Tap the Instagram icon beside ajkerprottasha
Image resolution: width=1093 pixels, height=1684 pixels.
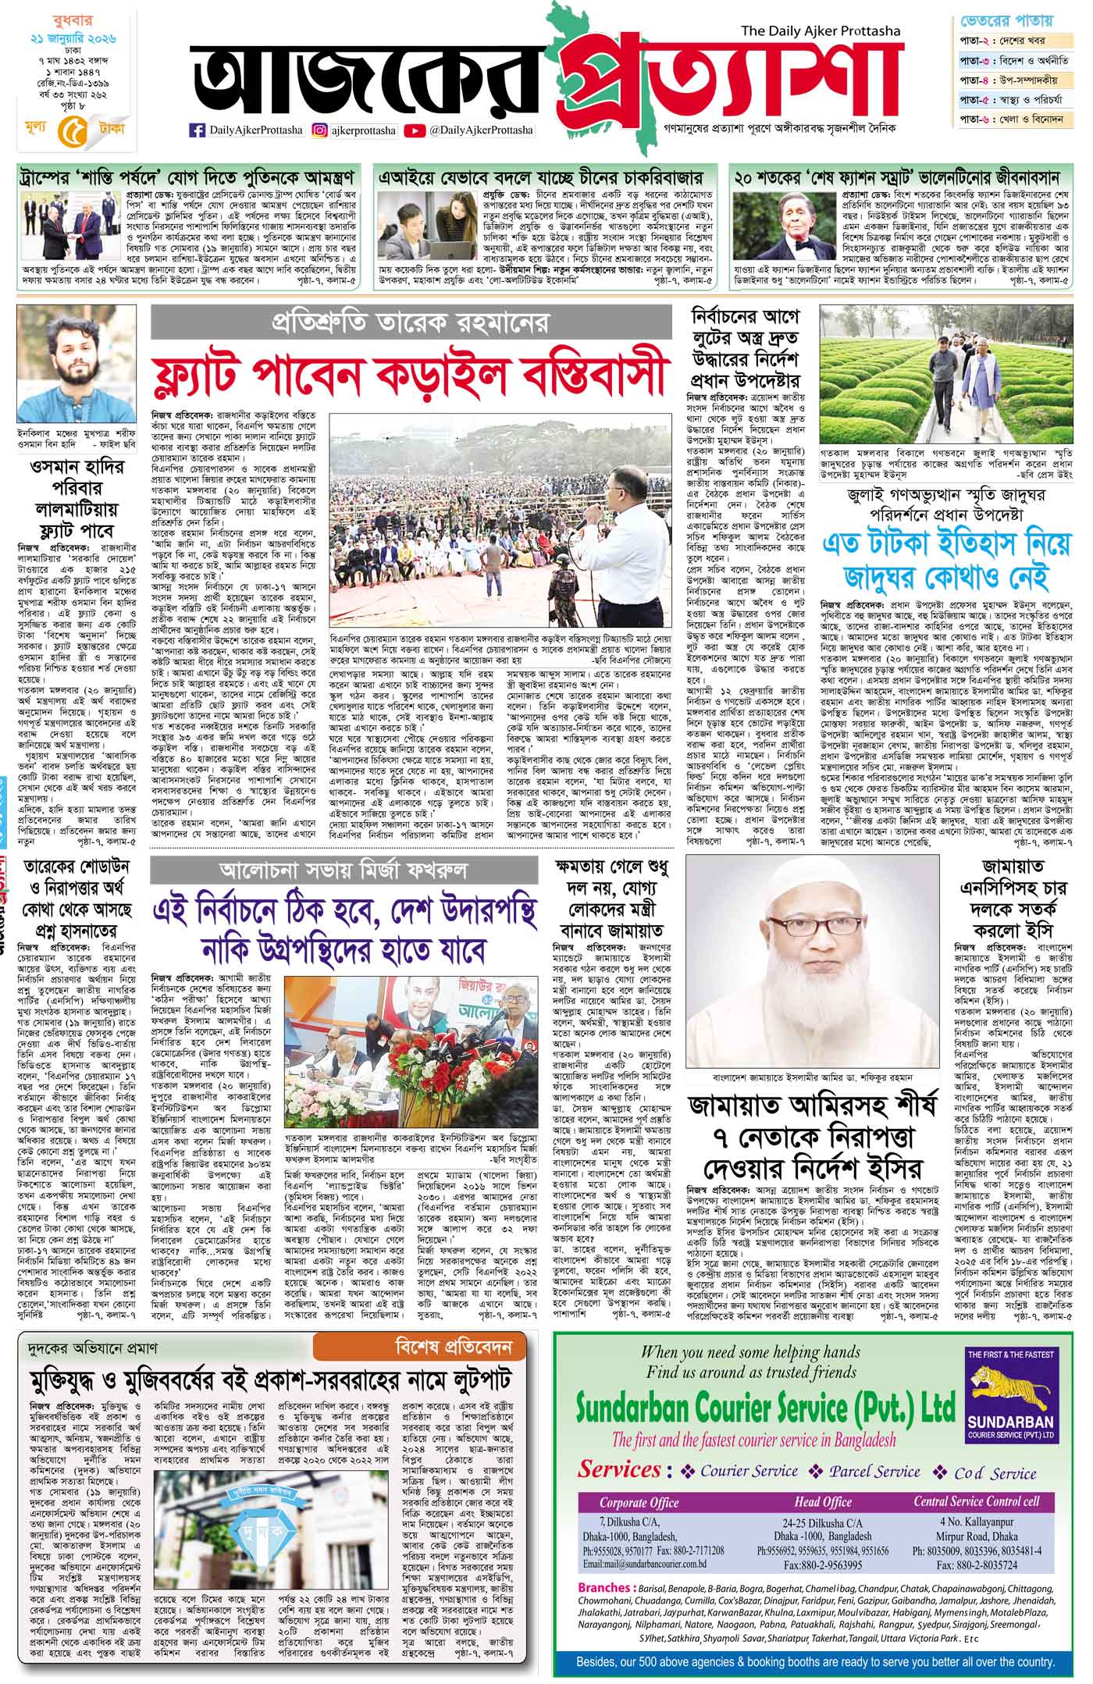(320, 130)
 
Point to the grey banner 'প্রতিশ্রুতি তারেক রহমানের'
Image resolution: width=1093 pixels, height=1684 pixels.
(411, 321)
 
